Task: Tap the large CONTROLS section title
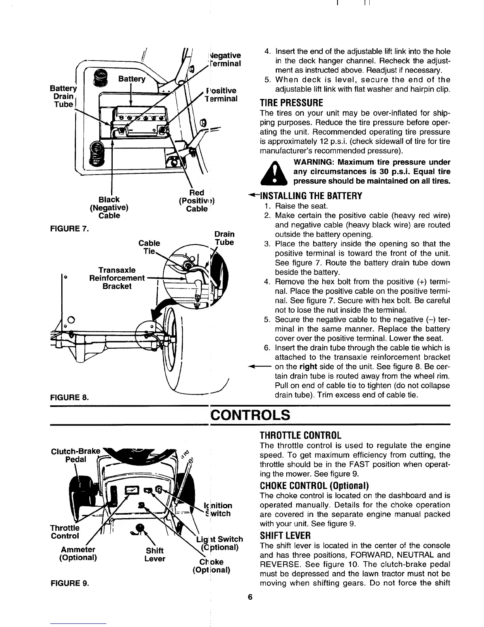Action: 250,415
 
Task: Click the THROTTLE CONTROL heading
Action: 300,435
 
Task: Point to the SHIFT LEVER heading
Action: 285,536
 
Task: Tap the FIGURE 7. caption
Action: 69,228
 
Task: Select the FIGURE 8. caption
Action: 69,396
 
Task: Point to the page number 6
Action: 250,597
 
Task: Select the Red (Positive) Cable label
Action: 197,201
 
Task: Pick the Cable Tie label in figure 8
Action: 149,247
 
